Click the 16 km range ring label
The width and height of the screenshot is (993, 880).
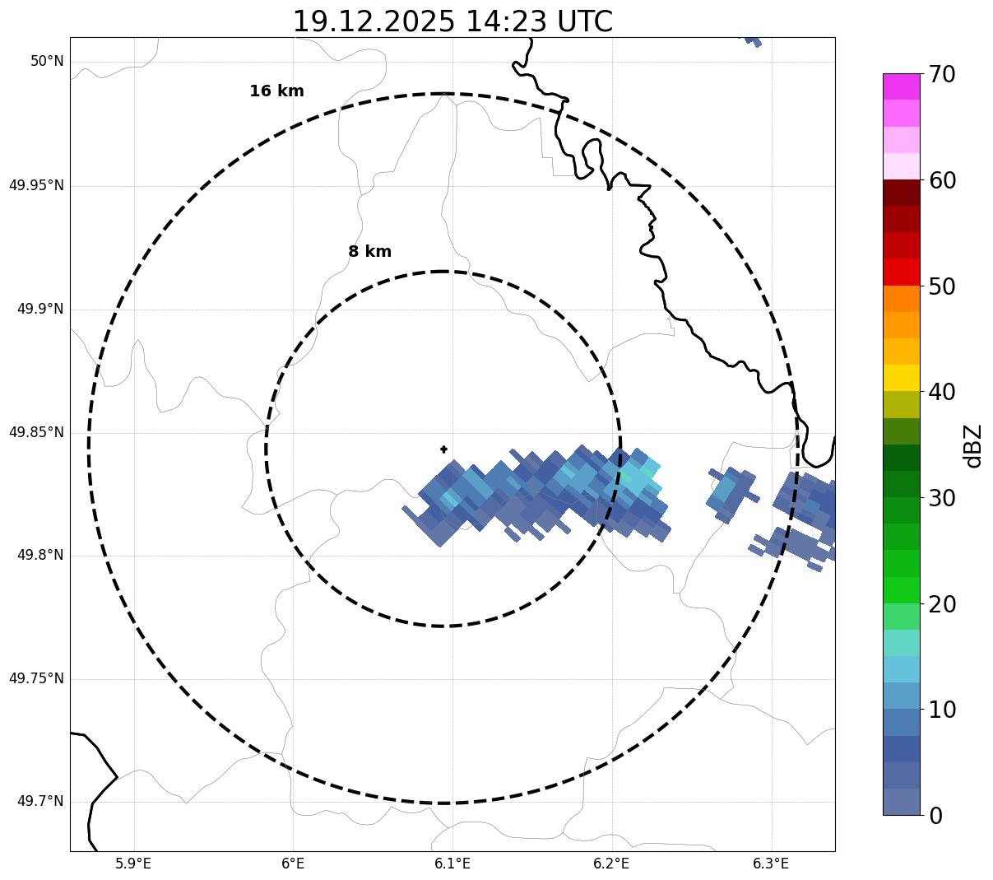[276, 91]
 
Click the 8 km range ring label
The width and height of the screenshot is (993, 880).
[369, 252]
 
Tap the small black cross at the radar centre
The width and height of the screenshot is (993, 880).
[444, 449]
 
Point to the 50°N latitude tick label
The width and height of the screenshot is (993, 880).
[47, 62]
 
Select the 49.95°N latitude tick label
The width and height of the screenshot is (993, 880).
[36, 185]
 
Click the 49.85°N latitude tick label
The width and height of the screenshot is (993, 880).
[36, 432]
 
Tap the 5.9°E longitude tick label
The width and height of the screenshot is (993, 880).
[133, 864]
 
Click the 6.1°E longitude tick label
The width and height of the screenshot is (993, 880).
[452, 864]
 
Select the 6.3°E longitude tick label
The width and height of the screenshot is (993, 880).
[771, 864]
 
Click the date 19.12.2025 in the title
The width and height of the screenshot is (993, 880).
[373, 21]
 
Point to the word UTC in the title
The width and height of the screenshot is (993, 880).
[585, 21]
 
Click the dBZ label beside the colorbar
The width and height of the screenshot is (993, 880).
[973, 445]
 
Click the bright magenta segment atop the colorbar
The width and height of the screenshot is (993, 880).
[901, 86]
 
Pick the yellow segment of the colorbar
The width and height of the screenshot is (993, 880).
[901, 378]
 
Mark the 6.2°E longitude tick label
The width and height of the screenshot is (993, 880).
[611, 864]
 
